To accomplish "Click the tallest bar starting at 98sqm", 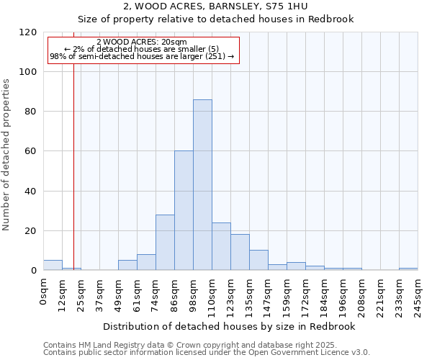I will tap(202, 185).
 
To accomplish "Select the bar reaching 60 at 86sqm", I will tap(184, 210).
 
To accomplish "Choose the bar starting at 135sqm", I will tap(258, 260).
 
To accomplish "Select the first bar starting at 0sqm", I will tap(53, 265).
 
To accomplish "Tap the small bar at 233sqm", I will tap(408, 269).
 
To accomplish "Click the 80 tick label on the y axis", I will tap(31, 112).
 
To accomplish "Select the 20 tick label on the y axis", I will tap(31, 231).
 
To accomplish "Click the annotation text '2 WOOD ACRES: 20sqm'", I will tap(142, 42).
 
